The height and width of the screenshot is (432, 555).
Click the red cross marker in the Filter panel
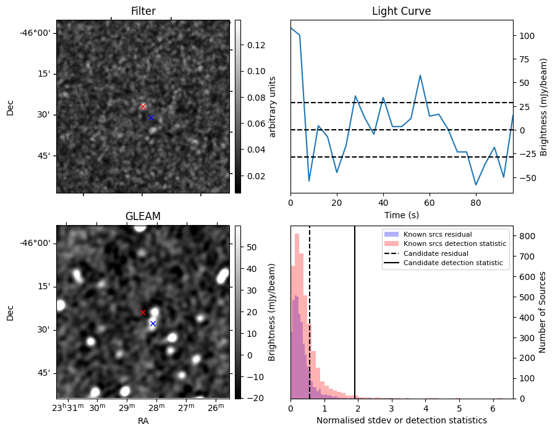coord(143,106)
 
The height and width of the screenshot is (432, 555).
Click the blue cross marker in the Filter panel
coord(151,117)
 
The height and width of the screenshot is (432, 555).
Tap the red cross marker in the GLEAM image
coord(143,313)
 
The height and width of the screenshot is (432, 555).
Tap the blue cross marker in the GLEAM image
coord(153,323)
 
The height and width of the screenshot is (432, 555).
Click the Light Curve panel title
coord(401,11)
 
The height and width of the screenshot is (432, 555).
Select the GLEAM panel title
coord(143,216)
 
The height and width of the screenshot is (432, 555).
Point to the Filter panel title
coord(143,11)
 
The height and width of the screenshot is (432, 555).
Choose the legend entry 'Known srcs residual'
coord(437,234)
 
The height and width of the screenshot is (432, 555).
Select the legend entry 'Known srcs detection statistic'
coord(454,244)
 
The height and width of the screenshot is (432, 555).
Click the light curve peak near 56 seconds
coord(420,75)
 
